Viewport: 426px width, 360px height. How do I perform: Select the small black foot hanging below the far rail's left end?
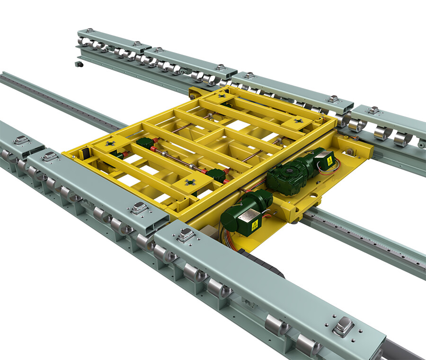coord(78,63)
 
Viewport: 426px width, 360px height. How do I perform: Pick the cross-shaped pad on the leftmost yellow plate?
coord(110,142)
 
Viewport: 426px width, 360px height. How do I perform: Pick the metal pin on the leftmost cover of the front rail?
coord(21,140)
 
